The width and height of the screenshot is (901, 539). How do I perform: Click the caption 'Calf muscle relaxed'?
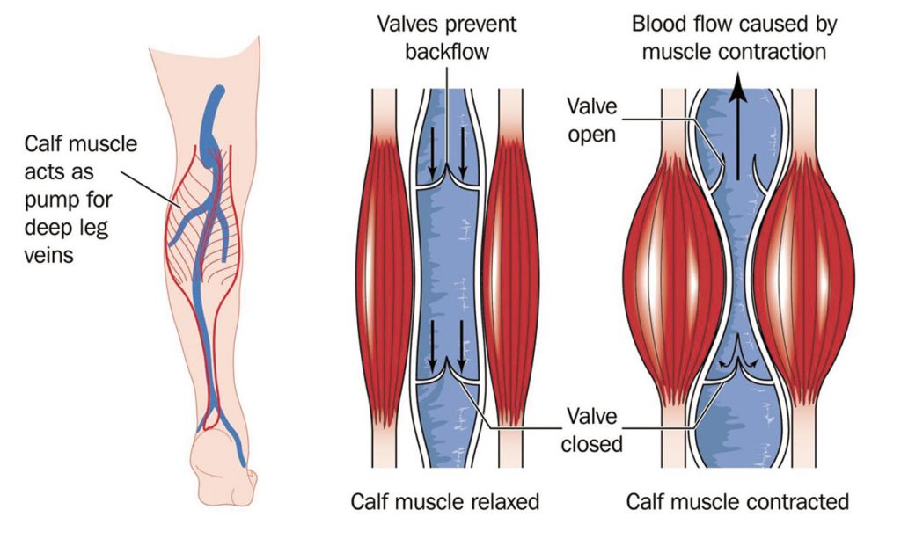pyautogui.click(x=444, y=502)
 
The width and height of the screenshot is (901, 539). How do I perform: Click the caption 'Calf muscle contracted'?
pyautogui.click(x=737, y=502)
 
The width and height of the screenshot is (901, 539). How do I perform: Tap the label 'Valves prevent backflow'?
pyautogui.click(x=447, y=38)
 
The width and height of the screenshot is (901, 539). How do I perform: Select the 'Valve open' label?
pyautogui.click(x=592, y=121)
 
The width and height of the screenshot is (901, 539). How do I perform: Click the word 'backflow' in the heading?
pyautogui.click(x=447, y=52)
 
